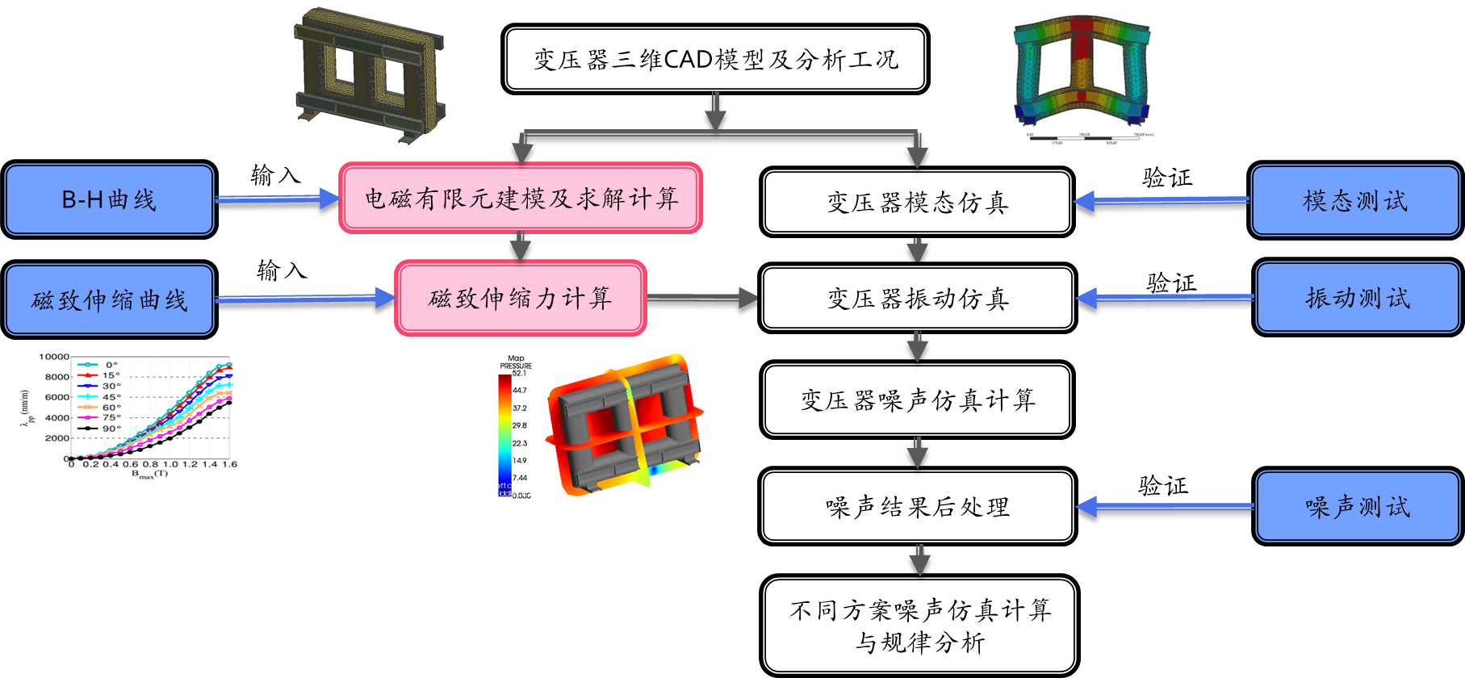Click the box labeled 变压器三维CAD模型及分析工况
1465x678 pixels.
[715, 59]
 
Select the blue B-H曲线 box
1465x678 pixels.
[110, 199]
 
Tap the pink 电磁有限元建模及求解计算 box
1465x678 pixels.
[521, 199]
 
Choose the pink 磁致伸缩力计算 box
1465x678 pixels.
[521, 298]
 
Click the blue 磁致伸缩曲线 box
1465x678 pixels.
[110, 299]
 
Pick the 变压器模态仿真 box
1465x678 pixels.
[917, 202]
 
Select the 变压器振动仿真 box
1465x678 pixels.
[917, 299]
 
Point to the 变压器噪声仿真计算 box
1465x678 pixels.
[917, 400]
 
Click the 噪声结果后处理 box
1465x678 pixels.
[917, 506]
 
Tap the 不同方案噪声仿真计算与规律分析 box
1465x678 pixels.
[919, 626]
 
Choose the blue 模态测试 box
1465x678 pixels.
[1355, 201]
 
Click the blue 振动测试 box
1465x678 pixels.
[1358, 298]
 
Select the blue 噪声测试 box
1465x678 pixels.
[1358, 506]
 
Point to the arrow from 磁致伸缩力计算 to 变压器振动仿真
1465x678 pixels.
[703, 298]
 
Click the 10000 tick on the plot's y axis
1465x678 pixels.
[54, 357]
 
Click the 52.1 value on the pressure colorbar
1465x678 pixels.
[519, 374]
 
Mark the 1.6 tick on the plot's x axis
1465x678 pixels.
[229, 464]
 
